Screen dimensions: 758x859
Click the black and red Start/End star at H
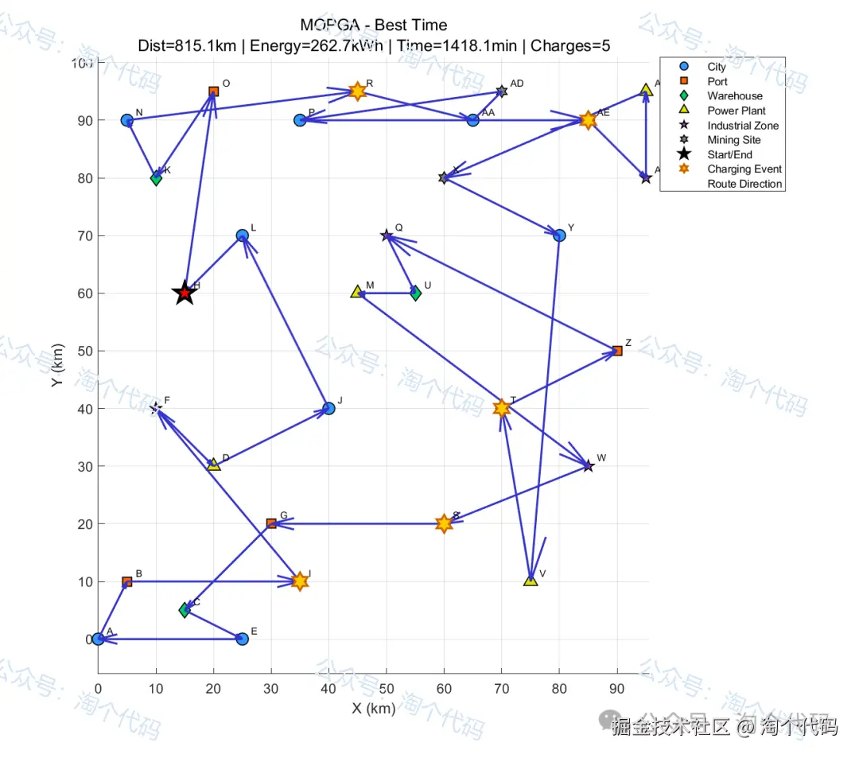tap(185, 293)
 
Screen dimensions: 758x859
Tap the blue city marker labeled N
tap(127, 120)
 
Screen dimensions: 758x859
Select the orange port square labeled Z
tap(617, 351)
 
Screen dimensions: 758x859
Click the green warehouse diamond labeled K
tap(156, 178)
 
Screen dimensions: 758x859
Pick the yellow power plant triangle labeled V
tap(531, 580)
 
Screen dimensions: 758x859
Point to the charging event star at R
tap(358, 91)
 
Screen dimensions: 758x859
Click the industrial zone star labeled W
tap(588, 466)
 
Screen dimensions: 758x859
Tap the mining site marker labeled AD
tap(502, 91)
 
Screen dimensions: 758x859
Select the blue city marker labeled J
tap(328, 409)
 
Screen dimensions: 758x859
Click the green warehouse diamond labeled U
tap(415, 293)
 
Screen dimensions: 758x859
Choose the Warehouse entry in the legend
tap(734, 96)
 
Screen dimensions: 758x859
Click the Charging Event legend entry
tap(744, 169)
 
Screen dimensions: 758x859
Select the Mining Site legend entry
tap(733, 140)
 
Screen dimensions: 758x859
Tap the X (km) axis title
tap(373, 709)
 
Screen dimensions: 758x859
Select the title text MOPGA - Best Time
tap(374, 25)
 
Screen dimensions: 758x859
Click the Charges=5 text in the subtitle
tap(570, 45)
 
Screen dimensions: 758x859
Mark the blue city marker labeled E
tap(243, 639)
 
